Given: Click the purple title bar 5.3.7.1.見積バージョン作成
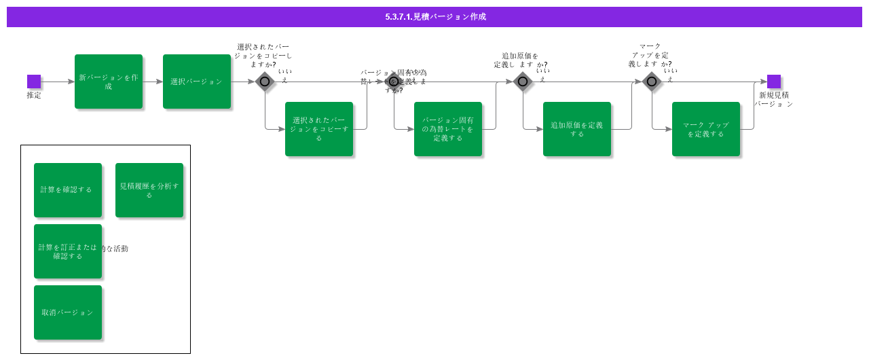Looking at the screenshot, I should [434, 17].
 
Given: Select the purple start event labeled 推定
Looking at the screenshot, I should [34, 82].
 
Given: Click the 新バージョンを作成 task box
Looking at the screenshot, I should [109, 82].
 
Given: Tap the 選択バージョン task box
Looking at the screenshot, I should [197, 82].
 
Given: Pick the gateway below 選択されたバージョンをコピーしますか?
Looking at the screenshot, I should [265, 82].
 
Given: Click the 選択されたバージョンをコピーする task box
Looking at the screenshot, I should [319, 129].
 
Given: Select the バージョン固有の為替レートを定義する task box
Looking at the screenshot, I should [448, 129].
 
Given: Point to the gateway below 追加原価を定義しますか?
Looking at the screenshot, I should [522, 82].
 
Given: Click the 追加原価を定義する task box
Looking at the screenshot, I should [577, 129].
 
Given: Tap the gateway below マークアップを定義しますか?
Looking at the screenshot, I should [652, 82].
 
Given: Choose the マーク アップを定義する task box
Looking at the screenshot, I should [706, 129].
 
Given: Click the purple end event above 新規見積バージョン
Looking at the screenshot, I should [774, 82].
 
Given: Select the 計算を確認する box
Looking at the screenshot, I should [68, 190].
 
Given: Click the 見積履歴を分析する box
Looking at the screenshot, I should [149, 190].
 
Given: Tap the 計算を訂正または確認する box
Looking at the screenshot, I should [68, 251].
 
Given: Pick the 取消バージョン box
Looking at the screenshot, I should [68, 312].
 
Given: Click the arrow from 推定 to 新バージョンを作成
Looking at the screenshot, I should [58, 82].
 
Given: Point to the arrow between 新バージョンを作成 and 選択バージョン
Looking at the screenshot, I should [153, 82].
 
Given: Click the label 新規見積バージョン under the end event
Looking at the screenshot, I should [774, 99].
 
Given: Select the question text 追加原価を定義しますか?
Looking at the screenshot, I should [520, 60].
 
